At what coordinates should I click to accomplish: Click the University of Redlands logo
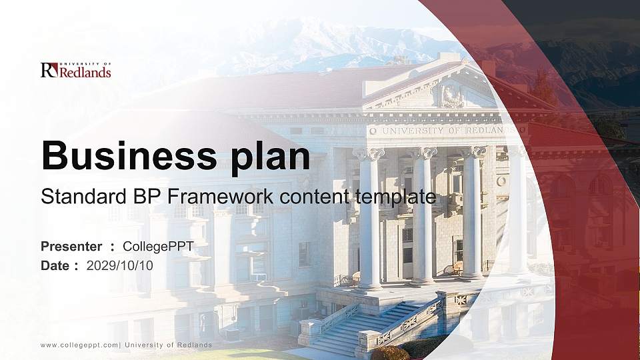(x=75, y=70)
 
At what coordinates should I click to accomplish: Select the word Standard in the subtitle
(x=79, y=197)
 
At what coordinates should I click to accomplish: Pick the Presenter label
(x=71, y=247)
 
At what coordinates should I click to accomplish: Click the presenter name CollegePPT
(x=158, y=247)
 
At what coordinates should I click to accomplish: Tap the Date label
(x=55, y=265)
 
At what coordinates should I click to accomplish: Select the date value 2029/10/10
(x=120, y=265)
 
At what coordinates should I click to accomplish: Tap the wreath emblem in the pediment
(x=452, y=96)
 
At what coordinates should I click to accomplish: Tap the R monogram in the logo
(x=49, y=70)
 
